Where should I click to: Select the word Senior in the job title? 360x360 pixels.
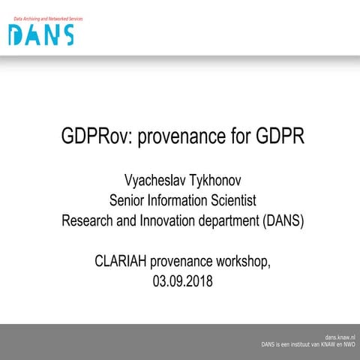coord(128,200)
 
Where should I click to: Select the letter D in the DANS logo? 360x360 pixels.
coord(16,34)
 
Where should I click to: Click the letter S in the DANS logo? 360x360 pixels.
coord(67,34)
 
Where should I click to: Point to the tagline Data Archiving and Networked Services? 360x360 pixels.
coord(45,19)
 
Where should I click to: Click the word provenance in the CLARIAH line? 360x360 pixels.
coord(182,262)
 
